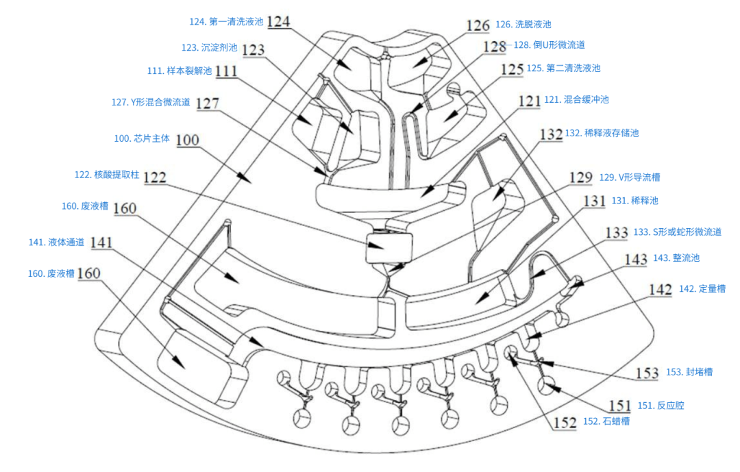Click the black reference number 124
pyautogui.click(x=278, y=21)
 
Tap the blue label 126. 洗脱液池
pyautogui.click(x=523, y=24)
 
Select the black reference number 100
pyautogui.click(x=187, y=140)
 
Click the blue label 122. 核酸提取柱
pyautogui.click(x=107, y=175)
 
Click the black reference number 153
pyautogui.click(x=647, y=373)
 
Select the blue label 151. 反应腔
pyautogui.click(x=661, y=406)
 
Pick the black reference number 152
pyautogui.click(x=565, y=423)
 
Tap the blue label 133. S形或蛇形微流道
pyautogui.click(x=677, y=232)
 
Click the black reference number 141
pyautogui.click(x=101, y=243)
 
